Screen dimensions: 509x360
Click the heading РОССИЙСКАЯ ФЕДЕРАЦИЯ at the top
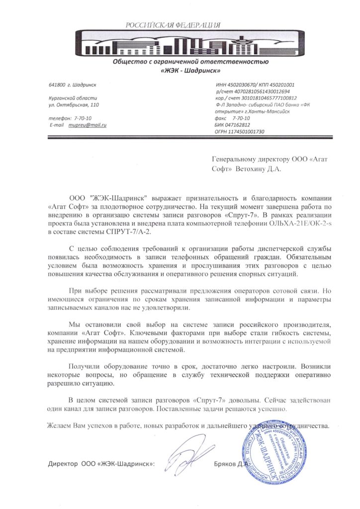point(173,24)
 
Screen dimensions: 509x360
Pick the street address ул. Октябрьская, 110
point(74,105)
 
